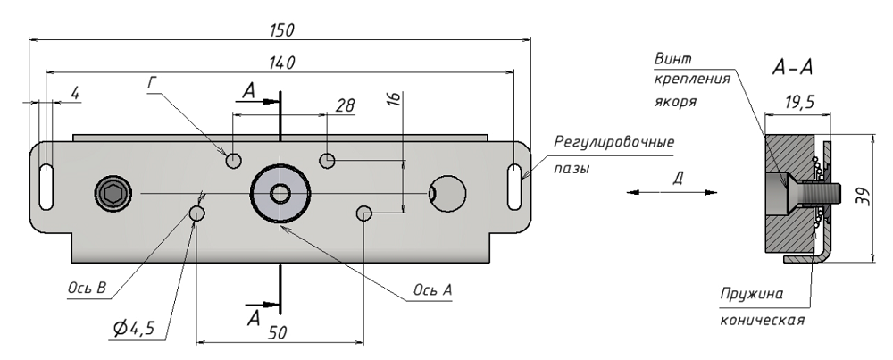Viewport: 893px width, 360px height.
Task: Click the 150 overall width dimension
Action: [x=282, y=30]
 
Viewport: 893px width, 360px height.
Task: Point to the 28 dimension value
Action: [x=345, y=105]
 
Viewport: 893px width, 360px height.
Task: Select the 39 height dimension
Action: [x=862, y=198]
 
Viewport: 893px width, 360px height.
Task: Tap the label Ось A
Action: [x=432, y=290]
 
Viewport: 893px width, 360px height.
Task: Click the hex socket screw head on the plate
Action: [x=112, y=192]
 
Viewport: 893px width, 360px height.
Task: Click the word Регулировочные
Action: [x=613, y=143]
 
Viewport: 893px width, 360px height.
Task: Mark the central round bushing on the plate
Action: [x=280, y=192]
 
